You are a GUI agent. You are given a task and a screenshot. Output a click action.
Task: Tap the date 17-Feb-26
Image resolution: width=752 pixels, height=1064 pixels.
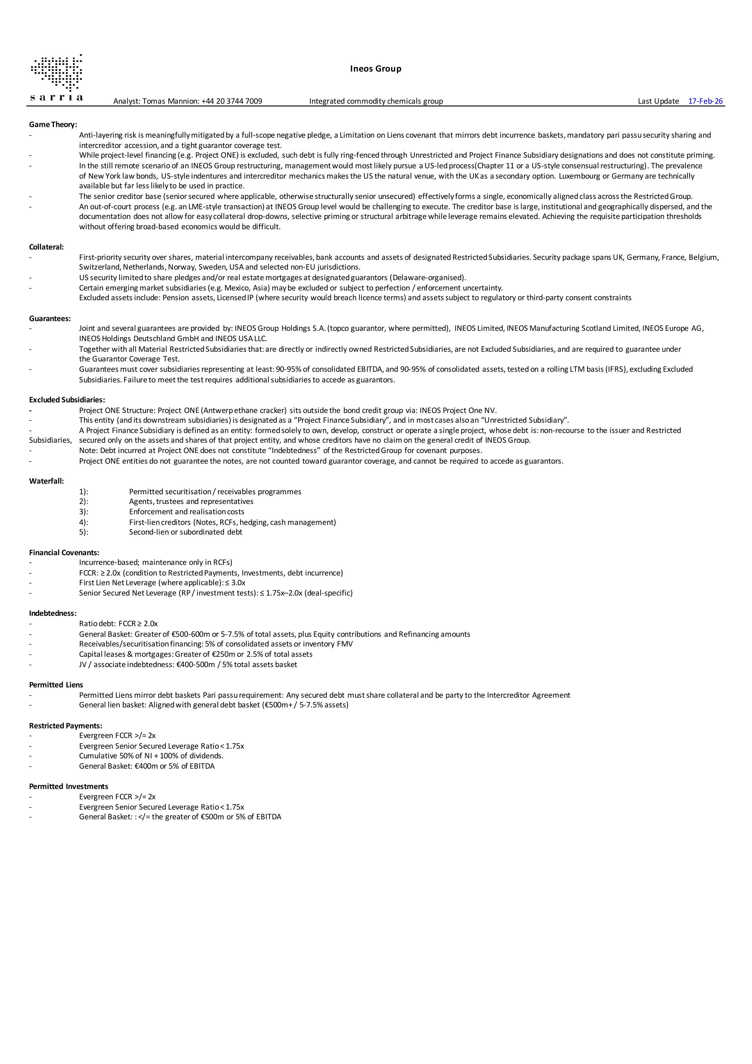705,101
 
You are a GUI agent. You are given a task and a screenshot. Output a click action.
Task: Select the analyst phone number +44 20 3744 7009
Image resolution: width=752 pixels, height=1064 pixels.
232,101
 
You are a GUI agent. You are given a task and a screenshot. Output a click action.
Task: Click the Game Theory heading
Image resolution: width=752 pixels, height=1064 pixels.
53,124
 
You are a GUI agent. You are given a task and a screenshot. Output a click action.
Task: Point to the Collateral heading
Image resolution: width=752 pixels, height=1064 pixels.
46,247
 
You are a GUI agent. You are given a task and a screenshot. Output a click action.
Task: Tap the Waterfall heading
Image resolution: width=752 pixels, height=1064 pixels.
46,481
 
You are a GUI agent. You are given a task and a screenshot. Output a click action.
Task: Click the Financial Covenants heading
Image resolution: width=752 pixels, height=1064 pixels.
64,552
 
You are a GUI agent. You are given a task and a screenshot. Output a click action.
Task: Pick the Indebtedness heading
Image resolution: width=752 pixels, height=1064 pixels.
53,613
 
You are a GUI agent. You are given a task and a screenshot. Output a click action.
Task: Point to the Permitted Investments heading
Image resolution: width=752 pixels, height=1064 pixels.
69,787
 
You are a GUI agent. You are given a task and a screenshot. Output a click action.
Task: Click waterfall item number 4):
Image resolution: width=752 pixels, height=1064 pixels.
83,522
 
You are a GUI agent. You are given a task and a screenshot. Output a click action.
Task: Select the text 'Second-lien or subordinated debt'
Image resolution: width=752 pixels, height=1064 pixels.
185,532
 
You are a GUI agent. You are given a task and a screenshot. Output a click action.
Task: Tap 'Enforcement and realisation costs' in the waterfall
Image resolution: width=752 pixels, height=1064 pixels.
186,512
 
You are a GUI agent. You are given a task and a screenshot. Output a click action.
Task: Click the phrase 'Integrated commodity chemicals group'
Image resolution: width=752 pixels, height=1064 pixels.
376,101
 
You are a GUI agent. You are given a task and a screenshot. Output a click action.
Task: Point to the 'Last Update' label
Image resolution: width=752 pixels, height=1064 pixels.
658,101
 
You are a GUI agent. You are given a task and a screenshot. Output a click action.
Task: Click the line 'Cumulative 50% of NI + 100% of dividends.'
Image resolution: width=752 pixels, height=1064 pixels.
151,756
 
